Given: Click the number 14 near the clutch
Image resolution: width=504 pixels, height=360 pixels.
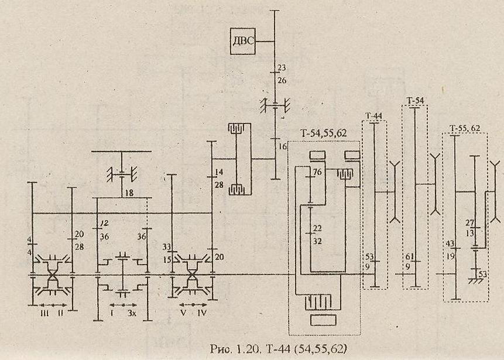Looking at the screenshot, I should click(x=219, y=172).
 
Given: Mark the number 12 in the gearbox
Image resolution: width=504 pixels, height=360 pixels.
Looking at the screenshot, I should click(x=105, y=224).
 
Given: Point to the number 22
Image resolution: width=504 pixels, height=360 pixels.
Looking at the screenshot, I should click(x=317, y=228).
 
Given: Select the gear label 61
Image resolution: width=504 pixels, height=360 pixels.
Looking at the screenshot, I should click(x=409, y=257).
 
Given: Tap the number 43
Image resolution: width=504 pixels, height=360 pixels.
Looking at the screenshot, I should click(x=450, y=243).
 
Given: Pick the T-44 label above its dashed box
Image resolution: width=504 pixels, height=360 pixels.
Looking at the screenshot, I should click(x=373, y=115).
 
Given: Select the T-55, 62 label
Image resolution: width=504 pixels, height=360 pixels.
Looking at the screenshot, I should click(x=465, y=128).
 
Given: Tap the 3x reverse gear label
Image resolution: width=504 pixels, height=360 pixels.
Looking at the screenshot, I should click(x=132, y=313).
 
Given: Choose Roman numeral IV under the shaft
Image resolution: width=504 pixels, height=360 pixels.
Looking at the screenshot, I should click(x=203, y=313).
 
